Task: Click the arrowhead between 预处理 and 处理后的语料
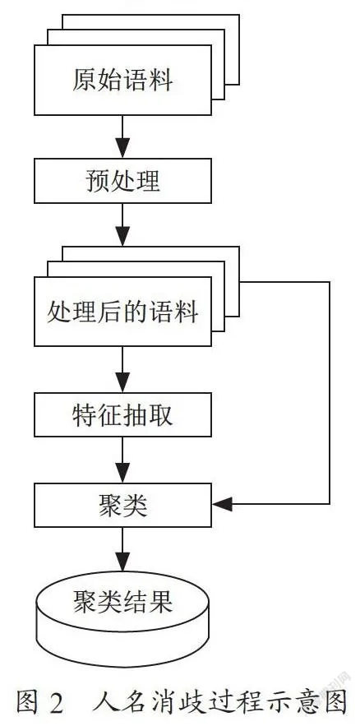(x=122, y=237)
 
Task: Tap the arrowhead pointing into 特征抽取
(x=122, y=383)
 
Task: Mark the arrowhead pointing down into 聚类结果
(x=122, y=562)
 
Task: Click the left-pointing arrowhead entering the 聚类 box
(x=222, y=504)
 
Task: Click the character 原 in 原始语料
(x=85, y=80)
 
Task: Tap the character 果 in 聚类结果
(x=160, y=602)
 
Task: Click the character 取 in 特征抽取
(x=160, y=414)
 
